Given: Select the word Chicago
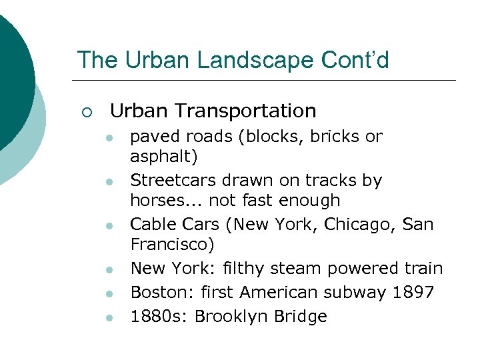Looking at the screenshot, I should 363,224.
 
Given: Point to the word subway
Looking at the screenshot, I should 355,292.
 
